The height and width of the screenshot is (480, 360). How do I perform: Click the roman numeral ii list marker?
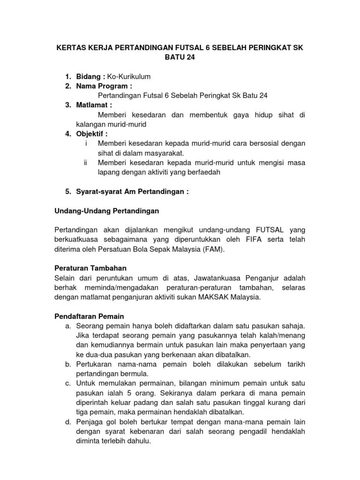85,163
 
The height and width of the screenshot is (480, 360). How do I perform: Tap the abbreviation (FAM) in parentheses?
214,250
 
